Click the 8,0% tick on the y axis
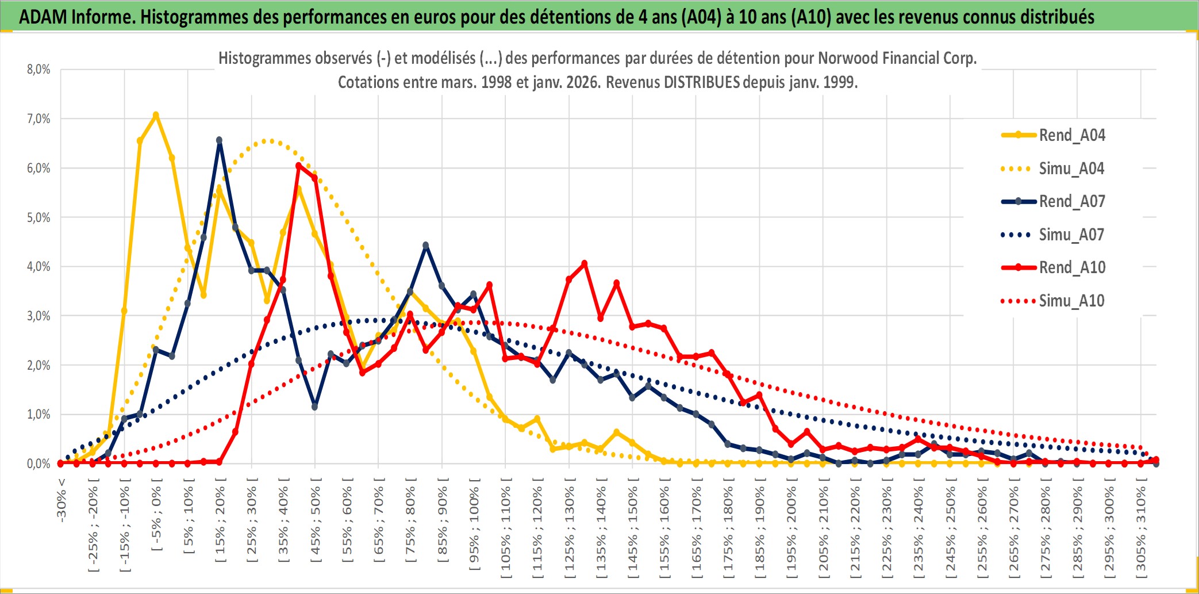tap(39, 70)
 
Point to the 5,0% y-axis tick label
tap(39, 217)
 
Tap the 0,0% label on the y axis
tap(39, 463)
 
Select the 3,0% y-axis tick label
tap(39, 316)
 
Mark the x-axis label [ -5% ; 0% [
tap(156, 518)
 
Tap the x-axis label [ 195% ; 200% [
tap(791, 530)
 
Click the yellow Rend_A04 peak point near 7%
tap(156, 115)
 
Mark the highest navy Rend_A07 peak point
tap(219, 140)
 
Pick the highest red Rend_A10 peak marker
tap(298, 166)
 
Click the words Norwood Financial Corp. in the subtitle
tap(897, 58)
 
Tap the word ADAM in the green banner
tap(43, 17)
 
